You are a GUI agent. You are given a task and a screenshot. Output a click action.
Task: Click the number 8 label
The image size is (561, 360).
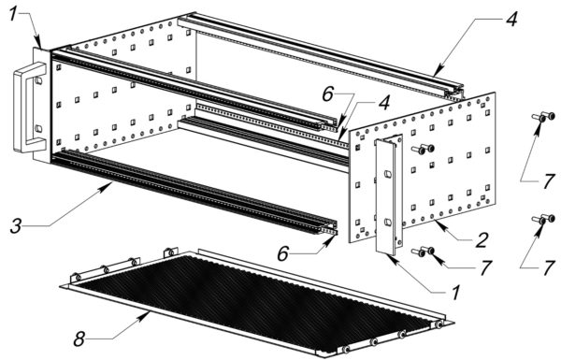coord(79,338)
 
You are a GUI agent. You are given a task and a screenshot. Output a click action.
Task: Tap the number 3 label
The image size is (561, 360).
coord(16,226)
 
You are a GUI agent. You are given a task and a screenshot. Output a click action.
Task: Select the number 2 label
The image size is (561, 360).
coord(482,240)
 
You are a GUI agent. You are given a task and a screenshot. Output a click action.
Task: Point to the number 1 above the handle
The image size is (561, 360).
coord(13,14)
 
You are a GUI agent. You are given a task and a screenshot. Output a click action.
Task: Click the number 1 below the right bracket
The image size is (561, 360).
coord(455,293)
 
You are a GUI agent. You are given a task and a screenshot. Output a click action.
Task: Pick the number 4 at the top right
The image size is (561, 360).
coord(511,19)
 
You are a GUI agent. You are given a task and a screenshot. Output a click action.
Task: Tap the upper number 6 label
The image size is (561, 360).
coord(328,94)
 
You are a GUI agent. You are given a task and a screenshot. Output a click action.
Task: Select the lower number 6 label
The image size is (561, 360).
coord(282,253)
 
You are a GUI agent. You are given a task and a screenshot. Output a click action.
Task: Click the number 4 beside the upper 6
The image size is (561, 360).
coord(383,103)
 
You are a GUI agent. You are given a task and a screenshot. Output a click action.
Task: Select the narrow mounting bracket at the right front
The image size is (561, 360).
coord(388,195)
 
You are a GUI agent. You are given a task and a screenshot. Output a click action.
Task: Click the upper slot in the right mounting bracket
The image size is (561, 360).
coord(388,174)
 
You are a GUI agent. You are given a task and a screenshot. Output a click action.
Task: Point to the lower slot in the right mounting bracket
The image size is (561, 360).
coord(388,223)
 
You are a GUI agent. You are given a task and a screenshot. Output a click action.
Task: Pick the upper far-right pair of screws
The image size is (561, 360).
coord(543,117)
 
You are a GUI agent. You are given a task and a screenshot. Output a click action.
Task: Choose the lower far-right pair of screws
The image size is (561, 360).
coord(543,219)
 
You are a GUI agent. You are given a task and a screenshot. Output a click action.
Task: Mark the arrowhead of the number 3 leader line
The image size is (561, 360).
coord(109,185)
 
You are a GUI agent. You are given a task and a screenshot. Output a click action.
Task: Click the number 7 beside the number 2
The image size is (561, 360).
coord(485,267)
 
